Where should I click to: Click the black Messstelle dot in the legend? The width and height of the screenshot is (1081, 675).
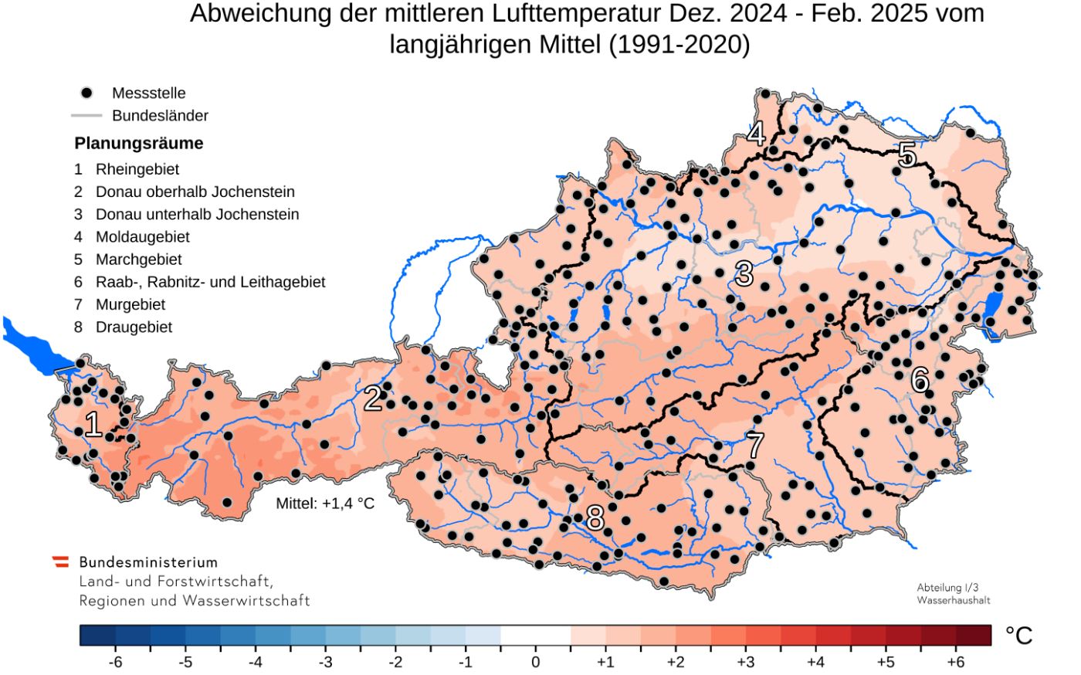(x=86, y=93)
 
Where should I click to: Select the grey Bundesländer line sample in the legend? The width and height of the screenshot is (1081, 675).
(x=86, y=116)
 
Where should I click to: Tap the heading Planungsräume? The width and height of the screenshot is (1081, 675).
(x=139, y=144)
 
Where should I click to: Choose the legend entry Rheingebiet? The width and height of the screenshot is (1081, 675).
(x=137, y=169)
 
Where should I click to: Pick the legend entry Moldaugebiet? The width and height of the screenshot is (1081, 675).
(x=142, y=237)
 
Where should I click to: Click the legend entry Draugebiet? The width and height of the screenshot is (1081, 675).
(x=134, y=327)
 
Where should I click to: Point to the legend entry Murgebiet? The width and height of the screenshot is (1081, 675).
(x=130, y=305)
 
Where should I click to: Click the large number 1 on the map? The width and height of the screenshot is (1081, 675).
(x=93, y=425)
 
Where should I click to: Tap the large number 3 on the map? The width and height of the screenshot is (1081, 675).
(x=744, y=273)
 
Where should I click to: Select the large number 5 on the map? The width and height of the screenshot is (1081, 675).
(x=906, y=156)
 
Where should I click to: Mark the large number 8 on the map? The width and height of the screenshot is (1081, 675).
(x=595, y=518)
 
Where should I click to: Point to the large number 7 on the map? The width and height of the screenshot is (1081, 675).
(x=754, y=446)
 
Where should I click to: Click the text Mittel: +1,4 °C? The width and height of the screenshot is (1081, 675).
(x=325, y=504)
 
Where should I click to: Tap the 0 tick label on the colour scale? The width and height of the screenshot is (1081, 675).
(x=535, y=663)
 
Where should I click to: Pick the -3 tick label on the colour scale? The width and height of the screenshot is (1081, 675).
(x=325, y=663)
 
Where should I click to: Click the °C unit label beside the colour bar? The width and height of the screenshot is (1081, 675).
(x=1018, y=636)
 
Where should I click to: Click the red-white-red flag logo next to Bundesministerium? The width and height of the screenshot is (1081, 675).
(x=60, y=562)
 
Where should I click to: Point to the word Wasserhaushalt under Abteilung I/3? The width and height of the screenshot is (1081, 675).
(x=953, y=600)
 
